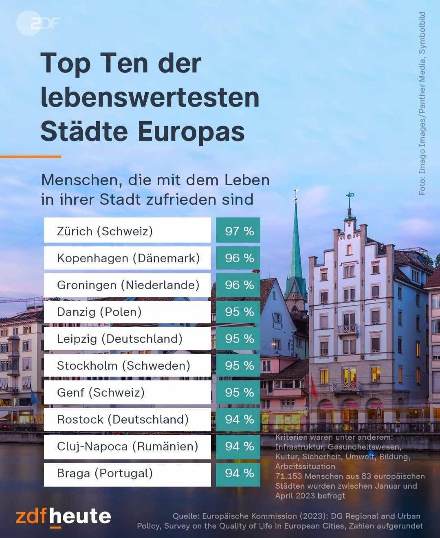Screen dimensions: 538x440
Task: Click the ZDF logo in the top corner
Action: [x=38, y=24]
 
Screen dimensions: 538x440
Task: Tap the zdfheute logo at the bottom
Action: [x=64, y=517]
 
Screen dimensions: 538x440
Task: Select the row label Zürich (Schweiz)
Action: [x=105, y=231]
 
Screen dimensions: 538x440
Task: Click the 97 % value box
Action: [x=238, y=231]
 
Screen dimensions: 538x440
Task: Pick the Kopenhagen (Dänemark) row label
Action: [x=128, y=258]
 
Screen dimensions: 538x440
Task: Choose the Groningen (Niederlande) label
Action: [x=128, y=285]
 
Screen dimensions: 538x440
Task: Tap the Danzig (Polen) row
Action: [x=99, y=312]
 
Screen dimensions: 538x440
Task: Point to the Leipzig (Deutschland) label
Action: [x=120, y=338]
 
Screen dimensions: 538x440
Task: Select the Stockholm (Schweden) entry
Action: [x=124, y=365]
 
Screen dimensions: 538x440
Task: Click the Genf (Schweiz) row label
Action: [x=101, y=392]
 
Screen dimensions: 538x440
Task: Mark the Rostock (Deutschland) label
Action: [x=123, y=419]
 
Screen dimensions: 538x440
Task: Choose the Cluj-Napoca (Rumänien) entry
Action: [x=128, y=446]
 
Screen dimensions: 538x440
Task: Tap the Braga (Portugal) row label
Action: [x=105, y=473]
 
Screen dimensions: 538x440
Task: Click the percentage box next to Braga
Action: [x=238, y=473]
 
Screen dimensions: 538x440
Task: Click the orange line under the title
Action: [x=31, y=156]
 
